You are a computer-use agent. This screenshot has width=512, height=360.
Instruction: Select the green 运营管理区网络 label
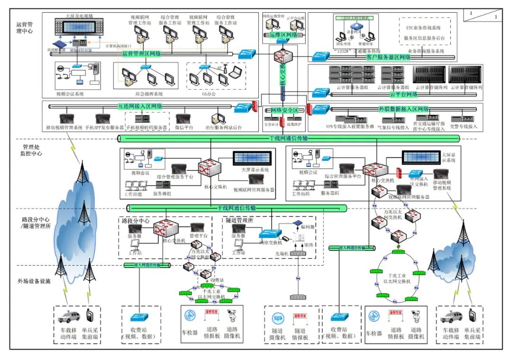142,54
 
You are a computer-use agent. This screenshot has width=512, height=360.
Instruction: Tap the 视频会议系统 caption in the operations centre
70,94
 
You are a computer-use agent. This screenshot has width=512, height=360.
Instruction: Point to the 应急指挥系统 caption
149,94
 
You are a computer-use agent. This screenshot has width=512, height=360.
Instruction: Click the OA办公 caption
209,94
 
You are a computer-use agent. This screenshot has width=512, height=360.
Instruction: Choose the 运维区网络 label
283,35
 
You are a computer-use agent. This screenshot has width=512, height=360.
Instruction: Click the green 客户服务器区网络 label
388,57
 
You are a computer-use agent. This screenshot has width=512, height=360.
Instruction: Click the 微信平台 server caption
183,128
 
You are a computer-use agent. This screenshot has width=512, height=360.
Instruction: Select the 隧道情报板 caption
300,334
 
